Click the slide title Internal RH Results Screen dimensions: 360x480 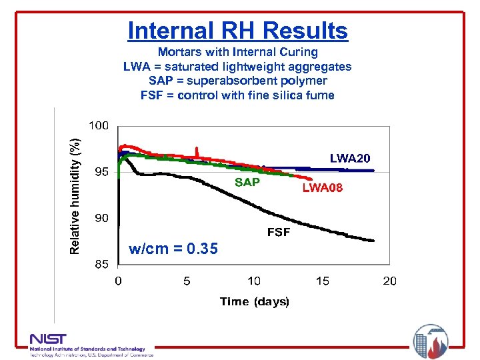tap(237, 31)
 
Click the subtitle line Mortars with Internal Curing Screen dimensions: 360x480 tap(237, 52)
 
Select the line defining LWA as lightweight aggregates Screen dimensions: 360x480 tap(237, 67)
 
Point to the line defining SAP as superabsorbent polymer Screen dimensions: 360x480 tap(237, 81)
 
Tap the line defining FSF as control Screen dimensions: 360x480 tap(237, 95)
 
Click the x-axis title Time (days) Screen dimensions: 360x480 tap(255, 302)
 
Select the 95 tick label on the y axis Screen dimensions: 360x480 tap(102, 172)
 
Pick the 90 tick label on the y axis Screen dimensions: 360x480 tap(102, 218)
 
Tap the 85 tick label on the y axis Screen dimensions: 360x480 tap(102, 264)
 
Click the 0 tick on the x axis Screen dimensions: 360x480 tap(119, 281)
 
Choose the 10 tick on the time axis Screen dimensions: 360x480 tap(254, 281)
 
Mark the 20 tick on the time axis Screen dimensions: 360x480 tap(389, 281)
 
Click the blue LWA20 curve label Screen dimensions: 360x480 tap(349, 158)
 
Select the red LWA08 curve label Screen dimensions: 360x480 tap(323, 188)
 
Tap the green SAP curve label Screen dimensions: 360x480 tap(247, 182)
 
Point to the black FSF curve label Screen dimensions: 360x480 tap(278, 233)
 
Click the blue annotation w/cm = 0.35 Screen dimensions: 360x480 tap(173, 249)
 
